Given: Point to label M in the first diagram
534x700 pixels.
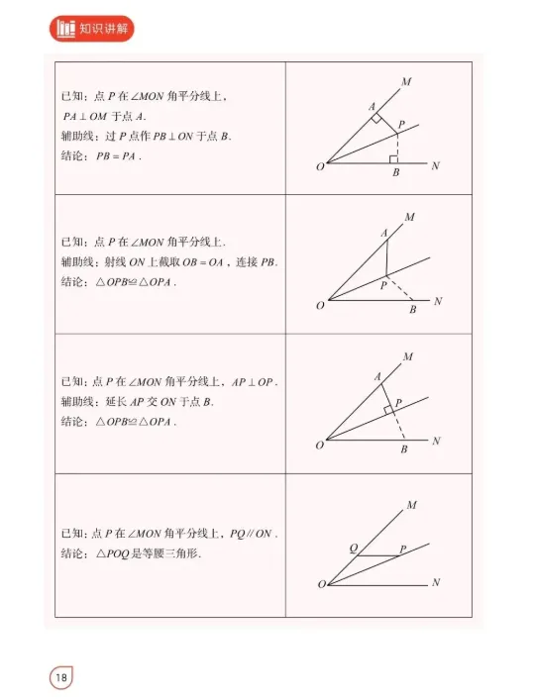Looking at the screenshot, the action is (x=406, y=80).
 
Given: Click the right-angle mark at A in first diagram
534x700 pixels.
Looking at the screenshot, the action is (x=376, y=118).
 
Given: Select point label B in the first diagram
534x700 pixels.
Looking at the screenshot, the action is (x=396, y=174).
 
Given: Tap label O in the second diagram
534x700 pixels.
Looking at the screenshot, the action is (x=320, y=306).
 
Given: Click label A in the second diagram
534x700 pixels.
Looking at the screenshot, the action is (x=384, y=234).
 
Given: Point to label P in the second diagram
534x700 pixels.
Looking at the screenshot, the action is (x=383, y=285).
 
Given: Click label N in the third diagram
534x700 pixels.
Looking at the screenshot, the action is (x=437, y=441).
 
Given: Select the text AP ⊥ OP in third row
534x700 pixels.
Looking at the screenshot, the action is (x=257, y=382).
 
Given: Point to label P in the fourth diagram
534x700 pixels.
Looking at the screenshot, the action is (x=402, y=548).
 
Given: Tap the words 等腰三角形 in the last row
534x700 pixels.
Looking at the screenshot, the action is (x=172, y=553).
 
